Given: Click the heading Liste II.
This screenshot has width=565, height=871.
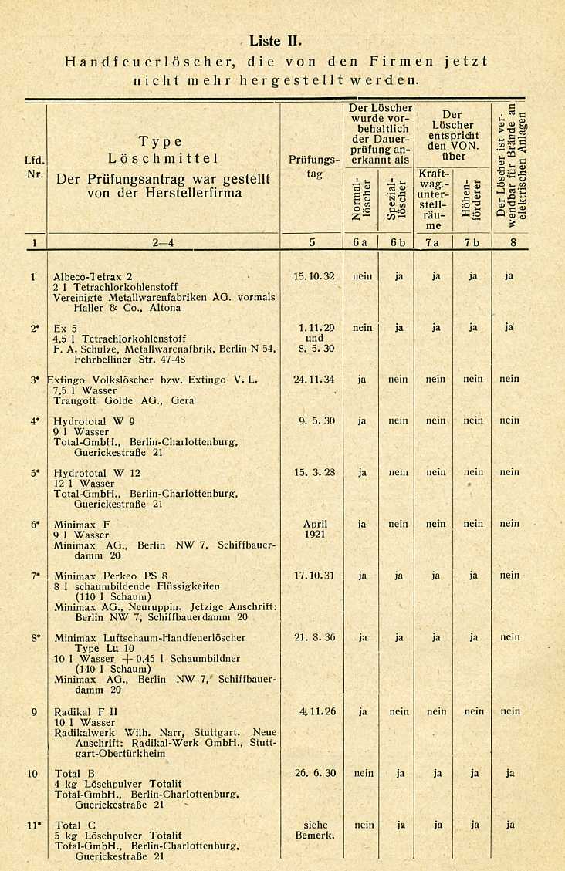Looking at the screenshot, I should pyautogui.click(x=276, y=41).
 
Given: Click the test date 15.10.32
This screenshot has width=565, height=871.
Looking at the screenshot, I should pyautogui.click(x=314, y=276).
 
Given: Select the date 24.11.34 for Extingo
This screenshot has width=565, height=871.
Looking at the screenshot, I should pyautogui.click(x=314, y=379).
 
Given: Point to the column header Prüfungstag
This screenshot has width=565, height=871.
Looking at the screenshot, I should pyautogui.click(x=313, y=167).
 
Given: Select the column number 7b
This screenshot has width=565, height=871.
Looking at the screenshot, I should pyautogui.click(x=472, y=242).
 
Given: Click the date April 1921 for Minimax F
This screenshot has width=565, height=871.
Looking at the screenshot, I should pyautogui.click(x=315, y=528).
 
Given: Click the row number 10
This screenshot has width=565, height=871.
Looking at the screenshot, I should pyautogui.click(x=32, y=773).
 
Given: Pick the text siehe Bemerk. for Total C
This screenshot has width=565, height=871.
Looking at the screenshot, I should pyautogui.click(x=314, y=829).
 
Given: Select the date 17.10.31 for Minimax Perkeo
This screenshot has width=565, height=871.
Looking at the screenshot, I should pyautogui.click(x=314, y=575).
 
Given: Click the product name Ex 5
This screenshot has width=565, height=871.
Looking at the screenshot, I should pyautogui.click(x=65, y=328).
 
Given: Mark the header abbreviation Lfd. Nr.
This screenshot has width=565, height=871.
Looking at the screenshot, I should pyautogui.click(x=34, y=167).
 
